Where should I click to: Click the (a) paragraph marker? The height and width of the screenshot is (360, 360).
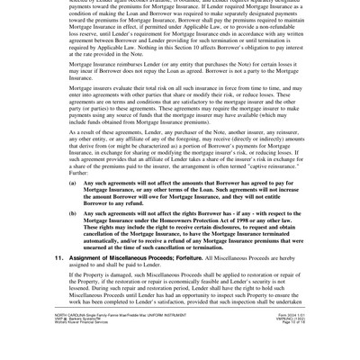pyautogui.click(x=73, y=183)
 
